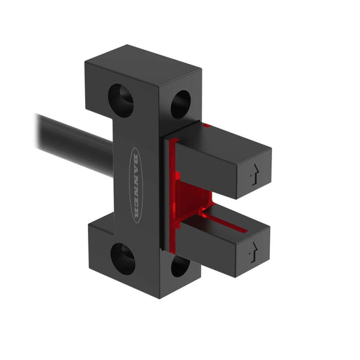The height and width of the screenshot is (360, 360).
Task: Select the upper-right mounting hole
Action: pos(180,104)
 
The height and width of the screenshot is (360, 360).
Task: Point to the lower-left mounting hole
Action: pos(123,258)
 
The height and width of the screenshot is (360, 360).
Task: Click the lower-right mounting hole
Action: pos(179,266)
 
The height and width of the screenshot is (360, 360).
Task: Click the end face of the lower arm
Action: pos(254,248)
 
